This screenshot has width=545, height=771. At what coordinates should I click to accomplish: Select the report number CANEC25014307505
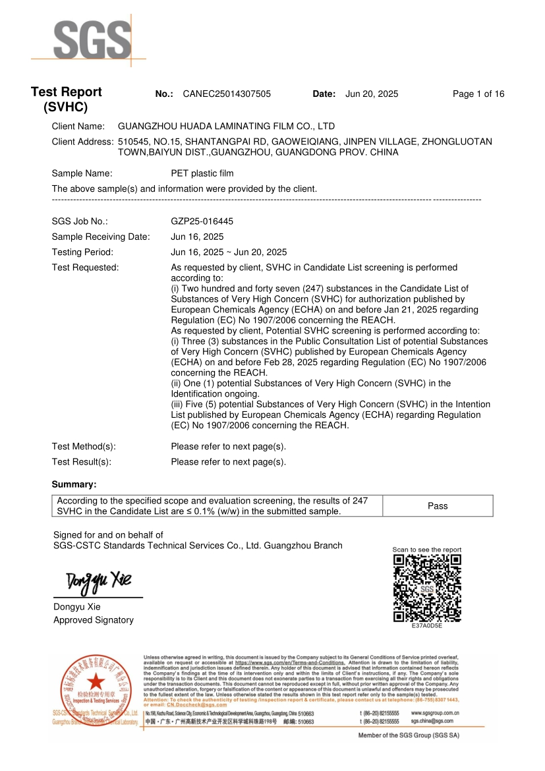[226, 94]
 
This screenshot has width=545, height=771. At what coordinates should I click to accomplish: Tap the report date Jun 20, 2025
[372, 94]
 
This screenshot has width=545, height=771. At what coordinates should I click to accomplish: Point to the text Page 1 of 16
[478, 94]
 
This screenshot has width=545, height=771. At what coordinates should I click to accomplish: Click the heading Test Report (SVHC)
[66, 100]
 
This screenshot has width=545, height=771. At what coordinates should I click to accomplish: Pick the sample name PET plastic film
[202, 174]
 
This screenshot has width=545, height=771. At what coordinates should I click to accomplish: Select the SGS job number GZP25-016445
[202, 222]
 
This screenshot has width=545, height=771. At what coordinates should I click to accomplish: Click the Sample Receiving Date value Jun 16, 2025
[197, 237]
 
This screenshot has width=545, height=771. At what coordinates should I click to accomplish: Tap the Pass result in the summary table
[437, 506]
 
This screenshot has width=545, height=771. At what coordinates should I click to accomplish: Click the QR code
[426, 588]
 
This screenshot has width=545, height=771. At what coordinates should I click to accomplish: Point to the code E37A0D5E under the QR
[426, 625]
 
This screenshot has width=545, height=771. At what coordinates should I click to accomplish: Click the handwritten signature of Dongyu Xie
[98, 581]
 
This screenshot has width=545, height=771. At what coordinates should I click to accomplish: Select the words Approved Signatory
[93, 620]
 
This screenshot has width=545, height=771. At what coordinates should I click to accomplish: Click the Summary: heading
[74, 484]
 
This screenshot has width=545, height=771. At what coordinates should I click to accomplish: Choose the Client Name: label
[78, 126]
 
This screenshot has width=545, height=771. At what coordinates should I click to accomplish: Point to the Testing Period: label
[82, 252]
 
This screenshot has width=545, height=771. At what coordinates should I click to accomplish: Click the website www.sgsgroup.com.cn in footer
[435, 713]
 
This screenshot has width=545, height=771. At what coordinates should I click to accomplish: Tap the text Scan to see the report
[426, 550]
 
